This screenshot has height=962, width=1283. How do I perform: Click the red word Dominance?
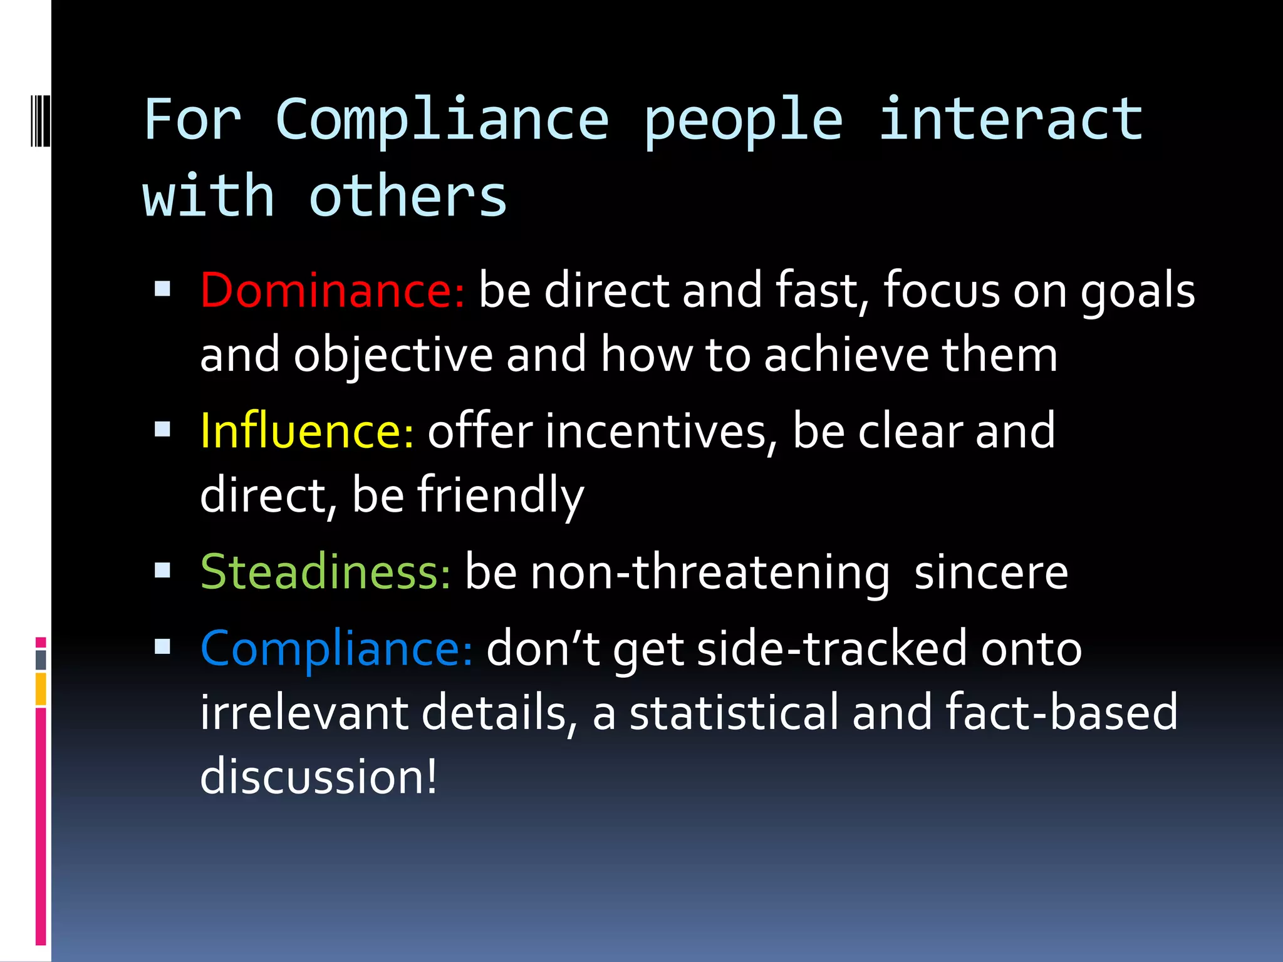331,291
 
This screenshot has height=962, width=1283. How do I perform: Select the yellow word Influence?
306,432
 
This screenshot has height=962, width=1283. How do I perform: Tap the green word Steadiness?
325,572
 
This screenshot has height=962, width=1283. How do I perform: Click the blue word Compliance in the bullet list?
336,649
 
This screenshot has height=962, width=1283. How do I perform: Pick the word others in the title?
408,197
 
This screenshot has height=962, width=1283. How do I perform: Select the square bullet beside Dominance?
163,289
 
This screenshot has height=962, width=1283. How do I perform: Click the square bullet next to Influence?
163,430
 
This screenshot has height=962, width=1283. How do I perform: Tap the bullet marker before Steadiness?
163,570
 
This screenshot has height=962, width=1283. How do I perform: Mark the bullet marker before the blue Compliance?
163,646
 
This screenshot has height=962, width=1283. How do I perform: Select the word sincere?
991,572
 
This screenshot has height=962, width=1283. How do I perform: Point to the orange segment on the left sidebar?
41,689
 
